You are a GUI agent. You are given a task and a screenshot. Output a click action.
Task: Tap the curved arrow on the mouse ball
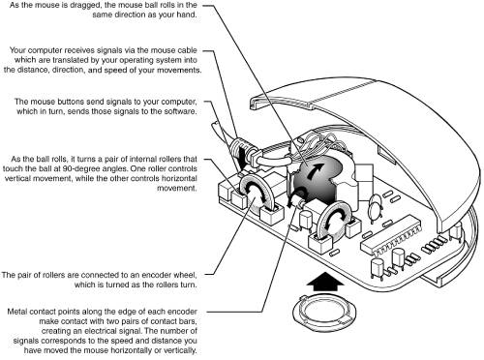tap(316, 171)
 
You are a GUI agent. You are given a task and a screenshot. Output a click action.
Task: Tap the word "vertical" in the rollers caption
tap(17, 178)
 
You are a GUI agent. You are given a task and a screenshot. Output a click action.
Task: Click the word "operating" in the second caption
tap(154, 60)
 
